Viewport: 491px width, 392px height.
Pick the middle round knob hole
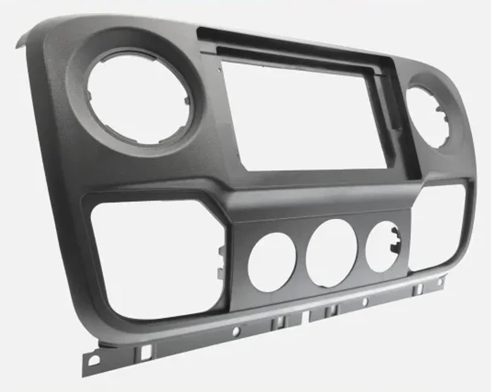[x=331, y=253]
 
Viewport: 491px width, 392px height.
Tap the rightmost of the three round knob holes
[x=382, y=247]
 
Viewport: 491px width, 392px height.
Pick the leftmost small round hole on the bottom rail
[x=236, y=332]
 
